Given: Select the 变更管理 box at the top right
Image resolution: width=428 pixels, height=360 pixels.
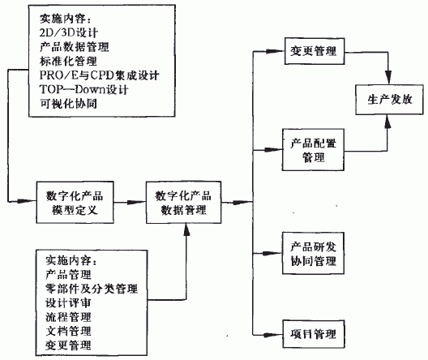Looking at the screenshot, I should pyautogui.click(x=313, y=53).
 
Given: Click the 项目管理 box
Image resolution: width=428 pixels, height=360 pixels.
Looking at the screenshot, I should pyautogui.click(x=313, y=334).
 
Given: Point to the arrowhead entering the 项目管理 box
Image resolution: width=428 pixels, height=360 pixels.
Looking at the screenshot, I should pyautogui.click(x=276, y=334).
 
